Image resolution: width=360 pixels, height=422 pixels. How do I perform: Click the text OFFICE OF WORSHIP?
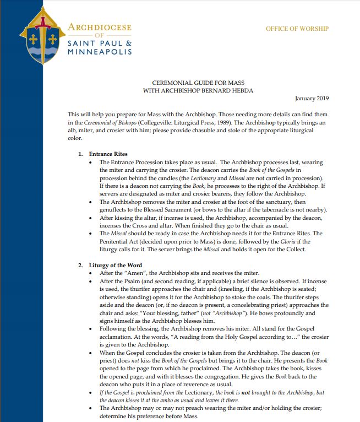tap(297, 29)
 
